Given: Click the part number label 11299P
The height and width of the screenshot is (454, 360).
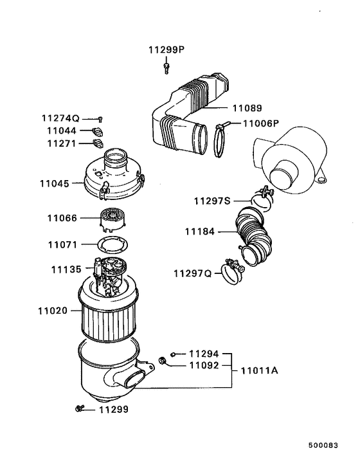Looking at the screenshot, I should [x=166, y=50].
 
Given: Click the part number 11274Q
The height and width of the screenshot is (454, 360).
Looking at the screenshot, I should [x=60, y=118].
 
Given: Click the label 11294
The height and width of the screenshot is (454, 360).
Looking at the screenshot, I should [x=204, y=354].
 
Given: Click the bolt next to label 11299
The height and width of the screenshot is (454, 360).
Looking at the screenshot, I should [x=80, y=409].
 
